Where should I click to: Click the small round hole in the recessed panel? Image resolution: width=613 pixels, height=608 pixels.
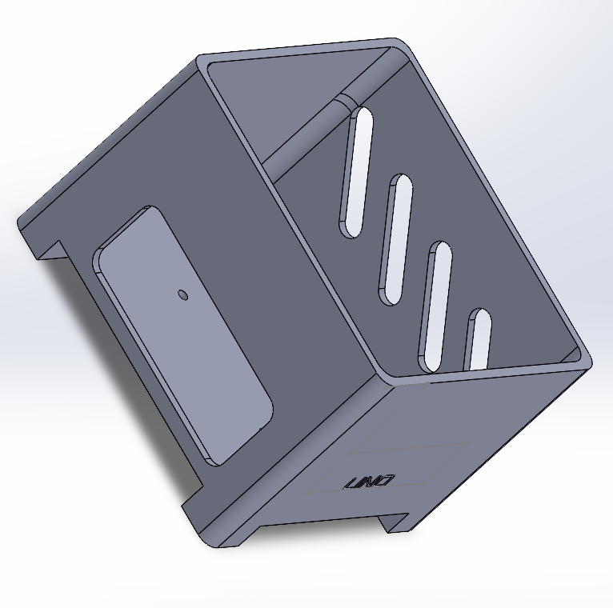click(182, 294)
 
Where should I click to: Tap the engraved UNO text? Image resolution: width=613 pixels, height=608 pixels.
click(369, 482)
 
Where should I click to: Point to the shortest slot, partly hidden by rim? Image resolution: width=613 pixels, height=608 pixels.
click(479, 338)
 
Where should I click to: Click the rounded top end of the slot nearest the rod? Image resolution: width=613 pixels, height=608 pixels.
click(361, 114)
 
